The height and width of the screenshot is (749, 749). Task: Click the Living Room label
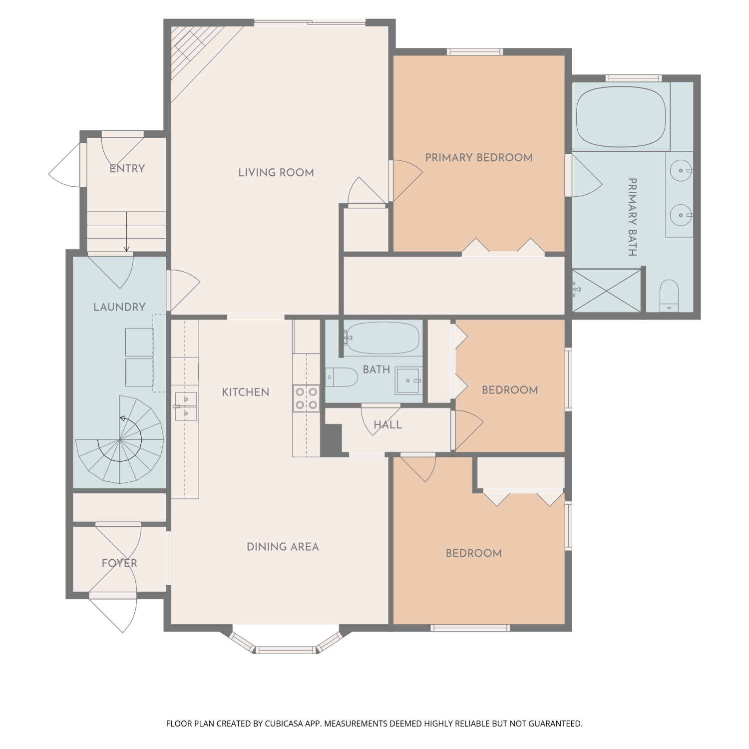click(276, 173)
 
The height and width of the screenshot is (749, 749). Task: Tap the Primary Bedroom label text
click(479, 158)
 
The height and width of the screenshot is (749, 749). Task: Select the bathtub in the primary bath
click(621, 117)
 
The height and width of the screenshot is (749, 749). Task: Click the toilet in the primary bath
click(669, 295)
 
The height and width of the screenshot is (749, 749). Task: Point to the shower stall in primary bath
click(606, 291)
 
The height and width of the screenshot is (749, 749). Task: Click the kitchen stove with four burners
click(306, 398)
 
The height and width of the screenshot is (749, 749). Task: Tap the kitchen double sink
click(185, 406)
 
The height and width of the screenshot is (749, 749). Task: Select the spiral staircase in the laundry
click(120, 440)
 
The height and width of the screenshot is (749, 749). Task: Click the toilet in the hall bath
click(342, 377)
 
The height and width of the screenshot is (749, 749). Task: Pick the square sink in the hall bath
click(409, 380)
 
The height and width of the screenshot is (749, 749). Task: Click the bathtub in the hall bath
click(382, 338)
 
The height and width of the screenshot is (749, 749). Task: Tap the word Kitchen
click(246, 392)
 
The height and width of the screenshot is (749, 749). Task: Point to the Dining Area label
click(283, 547)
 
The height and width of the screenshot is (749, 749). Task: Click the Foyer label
click(119, 563)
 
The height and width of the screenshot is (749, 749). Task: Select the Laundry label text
click(119, 307)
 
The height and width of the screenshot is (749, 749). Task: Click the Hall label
click(388, 425)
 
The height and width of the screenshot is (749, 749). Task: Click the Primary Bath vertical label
click(632, 217)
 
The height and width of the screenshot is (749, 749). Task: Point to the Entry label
click(127, 169)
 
